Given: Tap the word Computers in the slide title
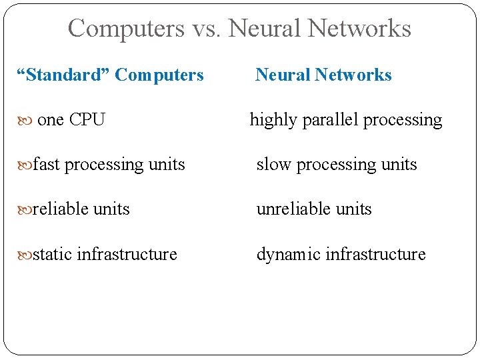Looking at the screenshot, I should tap(126, 29).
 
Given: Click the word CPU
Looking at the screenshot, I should tap(87, 120).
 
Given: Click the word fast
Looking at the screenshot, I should tap(46, 165).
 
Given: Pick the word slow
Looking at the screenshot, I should tap(274, 165).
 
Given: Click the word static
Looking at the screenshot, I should tap(53, 254).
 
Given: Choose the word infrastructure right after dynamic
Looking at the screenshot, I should tap(374, 254).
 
